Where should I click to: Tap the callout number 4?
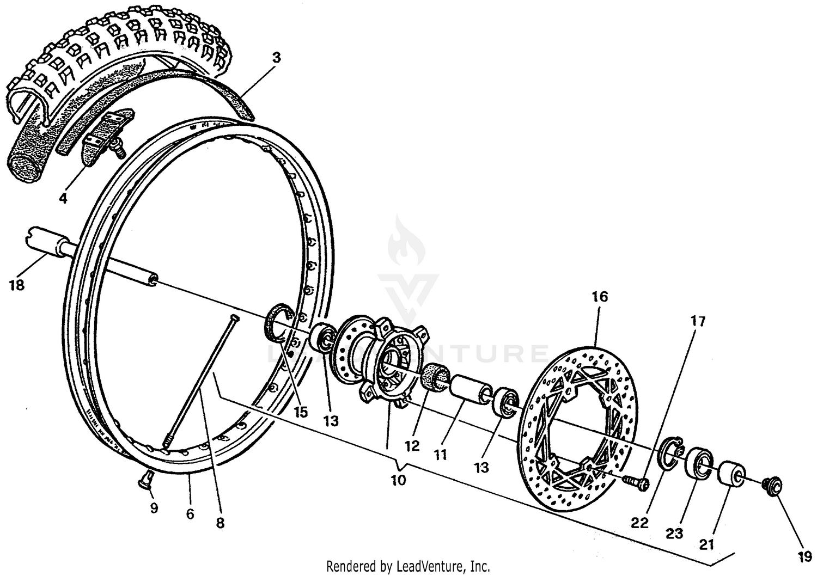pos(63,199)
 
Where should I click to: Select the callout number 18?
pos(17,285)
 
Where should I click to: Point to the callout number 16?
pos(600,297)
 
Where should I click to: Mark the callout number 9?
pos(154,508)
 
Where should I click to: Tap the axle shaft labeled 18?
pos(93,256)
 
